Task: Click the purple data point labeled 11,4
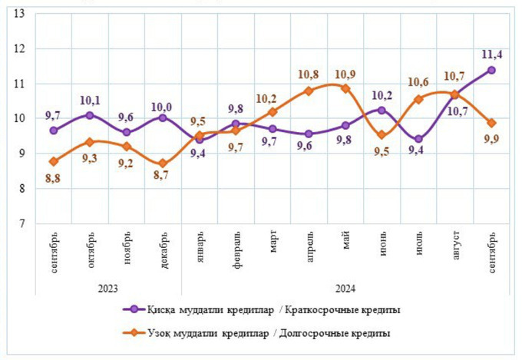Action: coord(491,70)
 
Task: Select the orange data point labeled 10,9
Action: coord(345,88)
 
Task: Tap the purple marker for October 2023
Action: coord(90,115)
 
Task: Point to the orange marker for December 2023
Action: coord(163,163)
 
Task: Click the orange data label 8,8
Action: coord(53,179)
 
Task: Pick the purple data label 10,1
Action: coord(90,99)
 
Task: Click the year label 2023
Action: coord(107,288)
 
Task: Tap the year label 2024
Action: coord(345,288)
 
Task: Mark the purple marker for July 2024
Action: coord(418,140)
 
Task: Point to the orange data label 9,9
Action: coord(492,139)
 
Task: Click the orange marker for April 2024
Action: coord(309,91)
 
